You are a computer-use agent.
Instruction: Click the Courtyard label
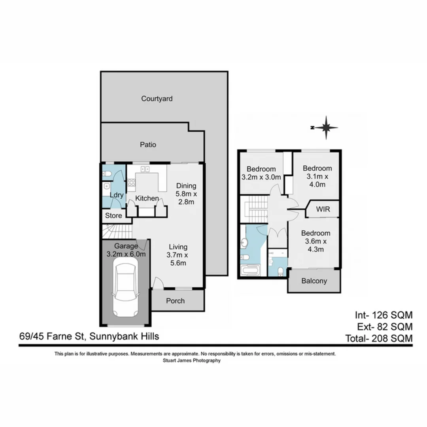tap(157, 99)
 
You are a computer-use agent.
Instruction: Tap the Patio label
tap(148, 145)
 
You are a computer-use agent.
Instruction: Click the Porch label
tap(175, 301)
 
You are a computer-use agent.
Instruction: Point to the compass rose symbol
tap(326, 127)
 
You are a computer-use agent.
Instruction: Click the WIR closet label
tap(323, 209)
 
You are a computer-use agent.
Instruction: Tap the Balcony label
tap(314, 282)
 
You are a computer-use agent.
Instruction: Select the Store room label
tap(113, 216)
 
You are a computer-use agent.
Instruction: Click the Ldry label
tap(117, 195)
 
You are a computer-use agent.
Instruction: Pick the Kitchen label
tap(147, 198)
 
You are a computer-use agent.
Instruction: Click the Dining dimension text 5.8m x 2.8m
tap(185, 198)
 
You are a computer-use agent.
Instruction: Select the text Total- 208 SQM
tap(379, 338)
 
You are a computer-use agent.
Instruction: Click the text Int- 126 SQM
tap(383, 315)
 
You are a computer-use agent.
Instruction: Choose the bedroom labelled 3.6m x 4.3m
tap(315, 241)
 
